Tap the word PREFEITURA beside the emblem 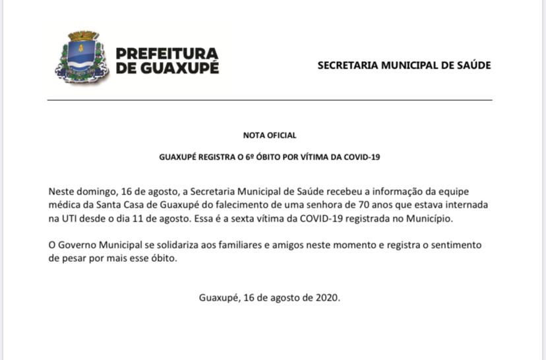pos(166,53)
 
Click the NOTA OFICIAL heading pos(270,135)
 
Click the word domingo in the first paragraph pos(94,191)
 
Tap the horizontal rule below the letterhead pos(270,100)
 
